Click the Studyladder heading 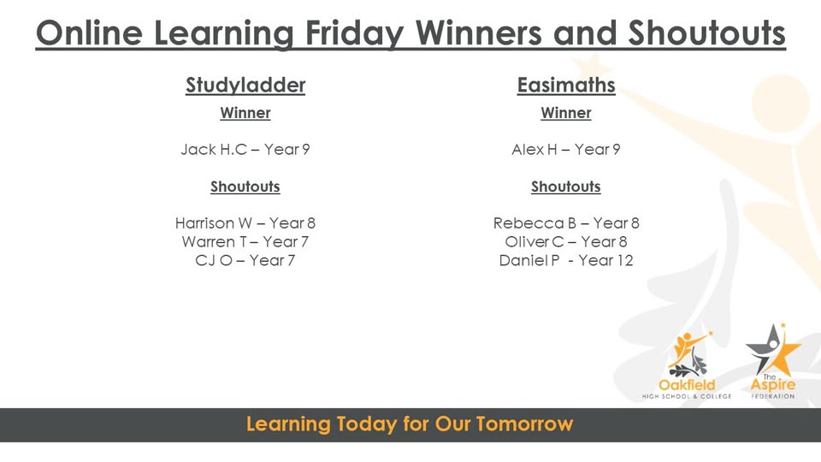pyautogui.click(x=245, y=86)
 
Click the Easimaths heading pyautogui.click(x=566, y=86)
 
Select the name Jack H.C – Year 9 pyautogui.click(x=245, y=150)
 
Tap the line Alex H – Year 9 pyautogui.click(x=566, y=150)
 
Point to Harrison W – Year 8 pyautogui.click(x=245, y=223)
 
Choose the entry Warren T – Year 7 pyautogui.click(x=245, y=242)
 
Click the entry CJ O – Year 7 pyautogui.click(x=245, y=260)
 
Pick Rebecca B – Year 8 pyautogui.click(x=566, y=223)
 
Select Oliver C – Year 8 pyautogui.click(x=566, y=242)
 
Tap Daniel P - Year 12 pyautogui.click(x=566, y=260)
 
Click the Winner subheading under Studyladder pyautogui.click(x=245, y=113)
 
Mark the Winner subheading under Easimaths pyautogui.click(x=566, y=113)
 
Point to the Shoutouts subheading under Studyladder pyautogui.click(x=245, y=187)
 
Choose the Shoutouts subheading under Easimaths pyautogui.click(x=566, y=187)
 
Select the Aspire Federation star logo pyautogui.click(x=772, y=359)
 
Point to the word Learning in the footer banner pyautogui.click(x=287, y=424)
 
